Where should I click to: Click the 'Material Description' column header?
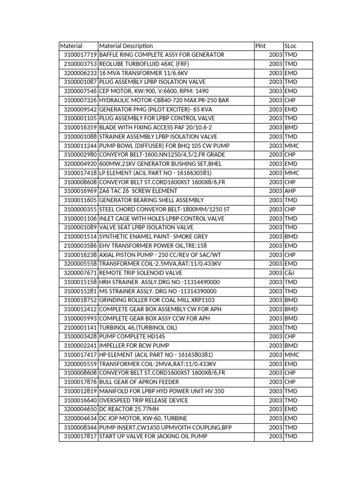126,46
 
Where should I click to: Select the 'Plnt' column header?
260,46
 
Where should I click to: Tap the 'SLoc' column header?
291,46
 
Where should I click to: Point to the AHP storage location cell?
290,191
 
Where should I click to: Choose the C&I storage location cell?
289,273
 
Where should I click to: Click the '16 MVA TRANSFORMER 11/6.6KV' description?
137,73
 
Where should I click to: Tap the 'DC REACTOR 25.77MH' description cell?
129,409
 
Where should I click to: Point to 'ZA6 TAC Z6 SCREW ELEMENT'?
138,191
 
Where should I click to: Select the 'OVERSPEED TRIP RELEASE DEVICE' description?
143,400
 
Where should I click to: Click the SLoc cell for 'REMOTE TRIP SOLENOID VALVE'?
289,273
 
